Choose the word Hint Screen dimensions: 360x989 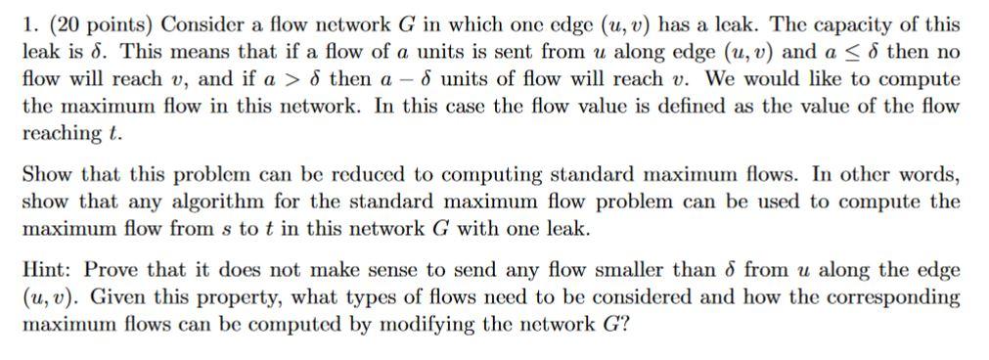pyautogui.click(x=40, y=270)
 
